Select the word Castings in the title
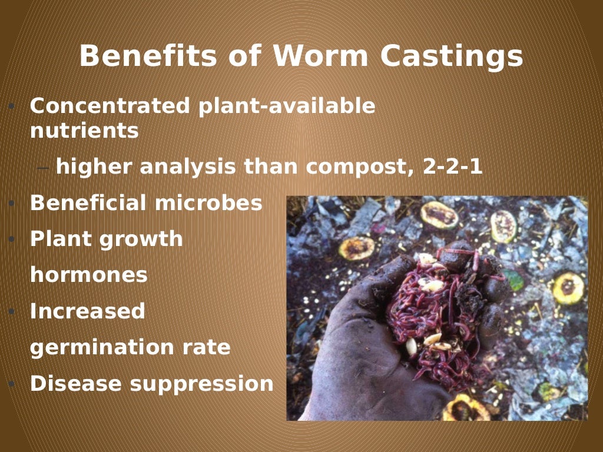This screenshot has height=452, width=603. click(x=452, y=56)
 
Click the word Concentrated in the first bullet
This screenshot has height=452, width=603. click(x=110, y=106)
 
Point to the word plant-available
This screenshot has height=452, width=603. click(x=287, y=106)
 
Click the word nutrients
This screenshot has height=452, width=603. click(x=84, y=131)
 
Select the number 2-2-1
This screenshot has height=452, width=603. click(x=453, y=167)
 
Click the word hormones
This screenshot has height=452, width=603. click(x=88, y=275)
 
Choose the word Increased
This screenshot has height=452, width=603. click(x=87, y=311)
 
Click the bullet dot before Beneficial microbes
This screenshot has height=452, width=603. click(x=11, y=204)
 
